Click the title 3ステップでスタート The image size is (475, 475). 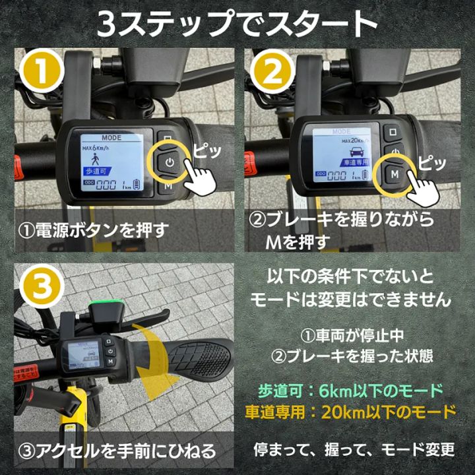[237, 25]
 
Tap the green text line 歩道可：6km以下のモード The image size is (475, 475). [350, 390]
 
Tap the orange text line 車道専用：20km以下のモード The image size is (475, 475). [350, 412]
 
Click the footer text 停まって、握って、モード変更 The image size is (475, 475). [354, 451]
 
